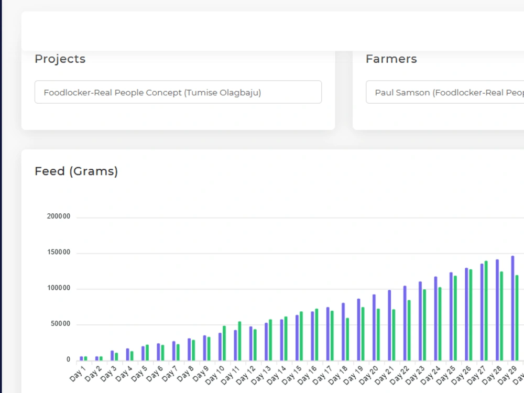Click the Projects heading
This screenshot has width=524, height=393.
[x=60, y=59]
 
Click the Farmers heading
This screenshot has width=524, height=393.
[x=391, y=59]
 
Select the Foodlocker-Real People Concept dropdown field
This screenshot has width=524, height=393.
[x=178, y=92]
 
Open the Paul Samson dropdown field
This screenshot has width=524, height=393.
[x=445, y=92]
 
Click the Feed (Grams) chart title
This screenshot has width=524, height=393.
[x=76, y=171]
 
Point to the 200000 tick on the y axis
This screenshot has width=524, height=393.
[x=59, y=216]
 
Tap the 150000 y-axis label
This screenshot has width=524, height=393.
[x=59, y=253]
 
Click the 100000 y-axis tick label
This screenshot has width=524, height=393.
[x=59, y=288]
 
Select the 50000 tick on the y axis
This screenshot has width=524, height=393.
[x=60, y=324]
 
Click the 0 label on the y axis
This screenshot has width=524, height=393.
[x=68, y=359]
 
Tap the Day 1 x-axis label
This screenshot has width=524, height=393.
[x=78, y=374]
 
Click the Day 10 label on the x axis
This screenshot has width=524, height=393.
[x=214, y=375]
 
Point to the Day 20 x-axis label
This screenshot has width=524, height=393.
[x=368, y=375]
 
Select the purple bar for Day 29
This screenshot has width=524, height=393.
[x=512, y=308]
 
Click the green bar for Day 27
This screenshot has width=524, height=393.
[x=486, y=311]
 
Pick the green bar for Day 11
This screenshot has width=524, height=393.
[x=239, y=341]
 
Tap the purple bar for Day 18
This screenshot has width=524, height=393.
[x=343, y=332]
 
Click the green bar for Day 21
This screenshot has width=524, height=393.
[x=394, y=335]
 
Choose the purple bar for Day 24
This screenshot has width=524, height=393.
[x=435, y=319]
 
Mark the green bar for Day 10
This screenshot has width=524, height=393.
[x=224, y=343]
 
